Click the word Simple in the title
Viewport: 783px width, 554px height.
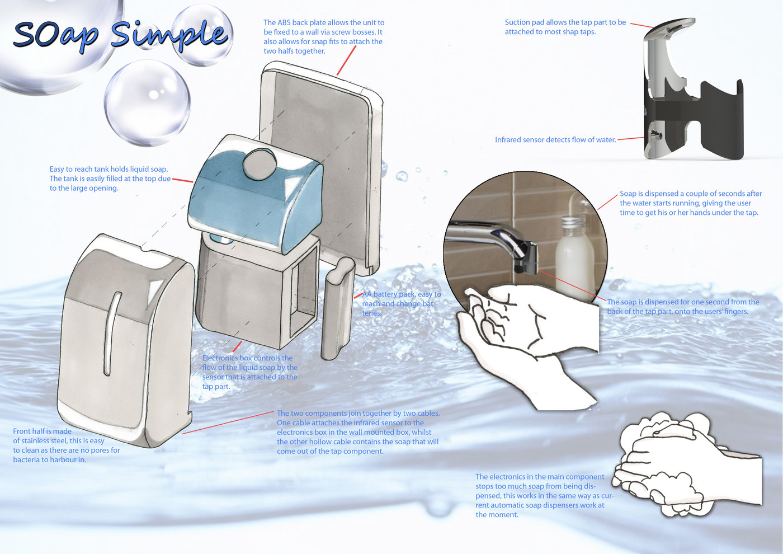(x=170, y=35)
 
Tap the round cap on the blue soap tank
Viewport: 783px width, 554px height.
(x=260, y=164)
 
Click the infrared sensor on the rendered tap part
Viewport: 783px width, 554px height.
(x=655, y=135)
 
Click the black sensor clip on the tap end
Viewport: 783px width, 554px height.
(x=527, y=258)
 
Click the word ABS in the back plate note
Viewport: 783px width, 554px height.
(x=284, y=23)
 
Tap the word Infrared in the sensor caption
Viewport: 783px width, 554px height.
(x=509, y=140)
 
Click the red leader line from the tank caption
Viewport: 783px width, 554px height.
(x=183, y=180)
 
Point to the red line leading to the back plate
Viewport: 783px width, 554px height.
(x=346, y=60)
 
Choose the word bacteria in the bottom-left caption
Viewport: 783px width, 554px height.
(x=26, y=459)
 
